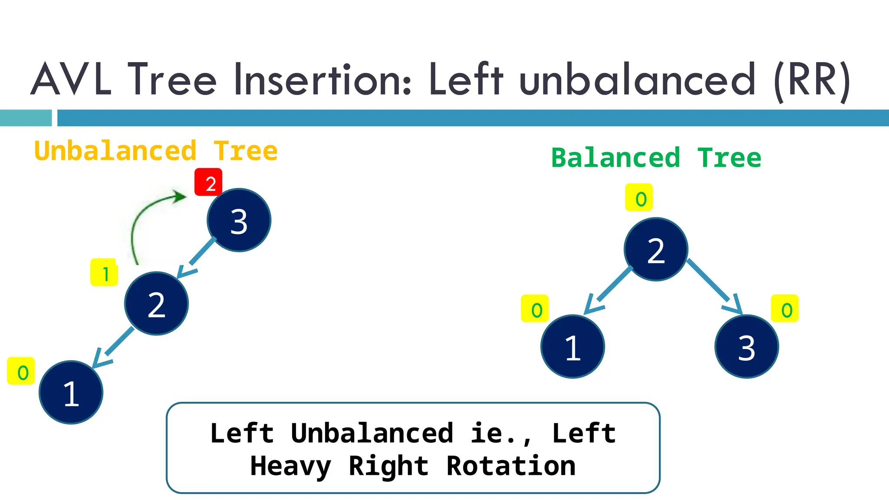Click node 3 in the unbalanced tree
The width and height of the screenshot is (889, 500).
click(239, 220)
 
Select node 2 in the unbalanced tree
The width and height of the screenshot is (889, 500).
click(156, 303)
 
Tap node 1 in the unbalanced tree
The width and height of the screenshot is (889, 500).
click(71, 392)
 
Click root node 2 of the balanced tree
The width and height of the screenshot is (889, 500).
click(656, 250)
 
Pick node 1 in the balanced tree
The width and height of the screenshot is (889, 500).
click(573, 346)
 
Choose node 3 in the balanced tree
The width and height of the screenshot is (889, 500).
click(747, 346)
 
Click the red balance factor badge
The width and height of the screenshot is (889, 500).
click(208, 182)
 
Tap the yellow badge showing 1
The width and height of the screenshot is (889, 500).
click(104, 273)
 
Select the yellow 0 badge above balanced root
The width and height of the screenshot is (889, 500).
click(639, 197)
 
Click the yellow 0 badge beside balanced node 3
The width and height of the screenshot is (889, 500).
click(785, 309)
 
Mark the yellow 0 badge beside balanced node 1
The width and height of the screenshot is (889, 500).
click(535, 309)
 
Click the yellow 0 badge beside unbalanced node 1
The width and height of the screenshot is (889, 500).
click(21, 371)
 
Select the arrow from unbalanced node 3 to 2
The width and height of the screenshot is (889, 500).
click(195, 258)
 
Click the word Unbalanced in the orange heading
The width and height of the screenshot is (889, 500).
click(115, 151)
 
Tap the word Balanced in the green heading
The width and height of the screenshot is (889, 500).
click(616, 158)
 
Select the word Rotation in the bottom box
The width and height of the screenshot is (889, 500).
click(511, 466)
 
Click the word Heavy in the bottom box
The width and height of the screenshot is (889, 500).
click(291, 466)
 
